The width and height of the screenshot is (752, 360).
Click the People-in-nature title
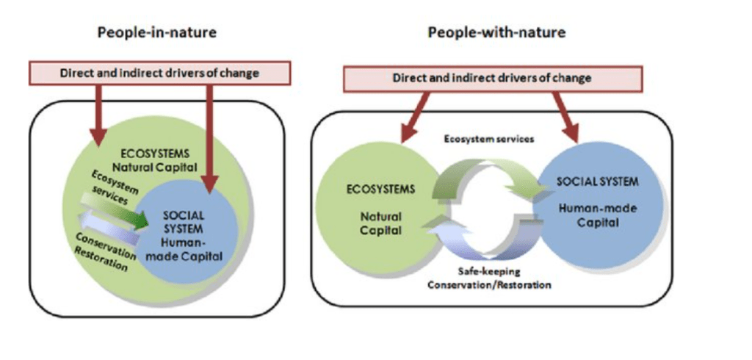[x=158, y=32]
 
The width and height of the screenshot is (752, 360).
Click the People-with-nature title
[x=496, y=32]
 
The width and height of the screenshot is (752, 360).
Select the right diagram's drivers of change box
[x=493, y=78]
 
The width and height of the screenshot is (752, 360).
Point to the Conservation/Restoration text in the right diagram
[x=489, y=284]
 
